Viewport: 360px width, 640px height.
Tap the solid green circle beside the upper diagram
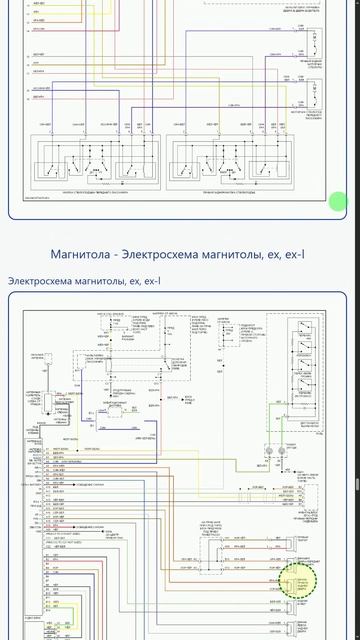339,201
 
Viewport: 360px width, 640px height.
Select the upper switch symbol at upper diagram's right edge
314,44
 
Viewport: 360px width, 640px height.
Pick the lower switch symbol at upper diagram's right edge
314,95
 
